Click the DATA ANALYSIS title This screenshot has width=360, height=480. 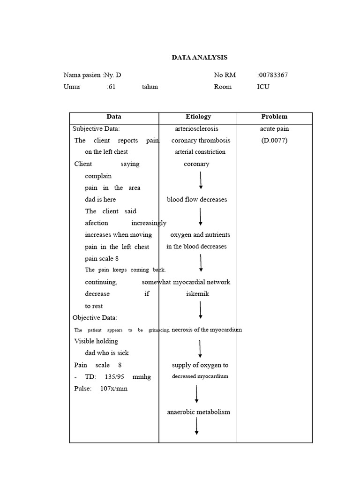[x=199, y=57]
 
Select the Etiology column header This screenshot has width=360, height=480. [x=198, y=117]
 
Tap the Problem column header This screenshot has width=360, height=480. [x=274, y=117]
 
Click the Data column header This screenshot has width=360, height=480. [x=114, y=117]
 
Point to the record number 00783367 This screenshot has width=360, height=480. [x=273, y=75]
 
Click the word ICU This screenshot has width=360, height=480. [x=263, y=87]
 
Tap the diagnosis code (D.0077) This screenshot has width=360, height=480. [x=274, y=140]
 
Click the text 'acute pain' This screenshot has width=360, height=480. [x=274, y=128]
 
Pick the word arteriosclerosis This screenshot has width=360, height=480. [x=196, y=128]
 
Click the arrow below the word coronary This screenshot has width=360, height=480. [x=201, y=180]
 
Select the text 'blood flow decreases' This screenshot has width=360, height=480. [x=197, y=199]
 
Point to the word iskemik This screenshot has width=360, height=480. [x=197, y=294]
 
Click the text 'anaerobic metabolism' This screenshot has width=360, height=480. [x=199, y=412]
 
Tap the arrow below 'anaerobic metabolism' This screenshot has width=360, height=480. [x=197, y=426]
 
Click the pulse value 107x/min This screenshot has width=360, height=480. [x=114, y=389]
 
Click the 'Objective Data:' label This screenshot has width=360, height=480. [x=95, y=318]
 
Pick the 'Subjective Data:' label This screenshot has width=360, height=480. [x=96, y=128]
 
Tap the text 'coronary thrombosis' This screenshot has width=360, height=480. [x=201, y=140]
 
